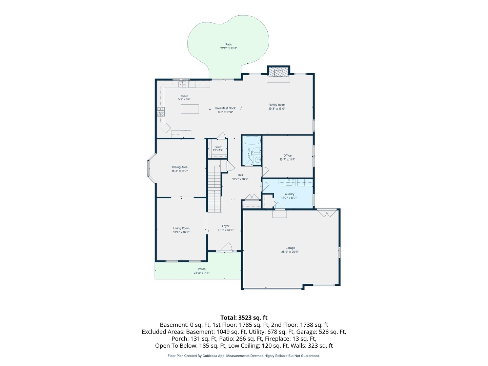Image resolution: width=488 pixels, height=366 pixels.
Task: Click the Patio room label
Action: point(228,44)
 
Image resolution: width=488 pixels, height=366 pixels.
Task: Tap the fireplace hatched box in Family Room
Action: point(278,72)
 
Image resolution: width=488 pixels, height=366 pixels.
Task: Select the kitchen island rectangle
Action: point(190,109)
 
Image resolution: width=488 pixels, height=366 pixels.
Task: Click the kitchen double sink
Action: point(182,84)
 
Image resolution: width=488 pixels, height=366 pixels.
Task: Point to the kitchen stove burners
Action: point(161,111)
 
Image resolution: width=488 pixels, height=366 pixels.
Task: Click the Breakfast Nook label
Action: point(225,108)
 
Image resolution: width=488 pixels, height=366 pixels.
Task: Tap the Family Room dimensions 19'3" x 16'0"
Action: point(277,109)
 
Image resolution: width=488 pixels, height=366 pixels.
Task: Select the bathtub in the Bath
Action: point(252,140)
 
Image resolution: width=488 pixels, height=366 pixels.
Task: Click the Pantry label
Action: point(218,147)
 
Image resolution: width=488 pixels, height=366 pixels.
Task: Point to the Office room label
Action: point(287,156)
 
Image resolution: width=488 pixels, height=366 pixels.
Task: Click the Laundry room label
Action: point(289,194)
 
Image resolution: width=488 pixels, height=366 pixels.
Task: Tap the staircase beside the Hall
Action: point(215,189)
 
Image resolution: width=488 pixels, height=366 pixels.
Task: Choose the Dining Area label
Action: point(180,167)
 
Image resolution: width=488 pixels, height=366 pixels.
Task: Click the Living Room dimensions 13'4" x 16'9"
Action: point(181,232)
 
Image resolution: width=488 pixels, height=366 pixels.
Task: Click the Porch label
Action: point(202,269)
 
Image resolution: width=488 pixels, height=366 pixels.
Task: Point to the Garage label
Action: point(290,248)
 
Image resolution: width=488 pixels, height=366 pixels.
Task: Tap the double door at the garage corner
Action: point(327,213)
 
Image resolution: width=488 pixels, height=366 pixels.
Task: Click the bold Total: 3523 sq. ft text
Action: point(244,318)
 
